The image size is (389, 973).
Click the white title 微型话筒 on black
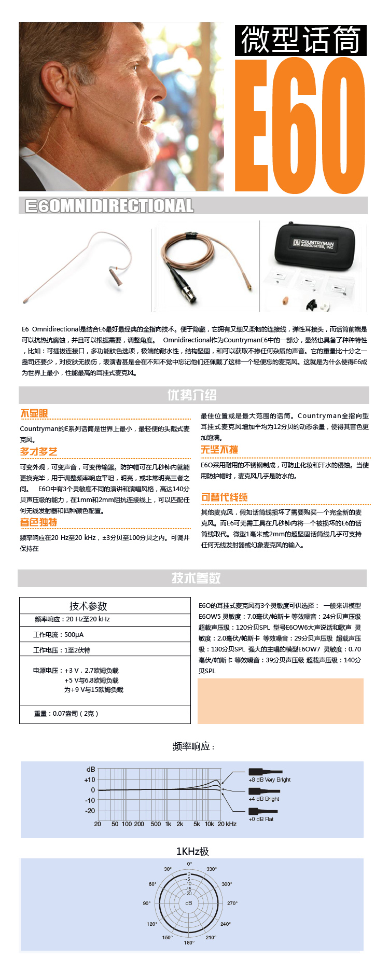click(x=300, y=40)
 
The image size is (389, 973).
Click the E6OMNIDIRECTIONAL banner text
click(x=109, y=206)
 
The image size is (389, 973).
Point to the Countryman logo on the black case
click(x=313, y=244)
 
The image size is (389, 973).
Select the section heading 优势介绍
click(x=192, y=395)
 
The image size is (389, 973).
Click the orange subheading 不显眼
click(x=34, y=413)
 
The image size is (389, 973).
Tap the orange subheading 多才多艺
click(x=38, y=452)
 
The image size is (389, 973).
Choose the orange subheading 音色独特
click(x=38, y=522)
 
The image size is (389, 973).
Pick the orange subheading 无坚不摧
click(x=219, y=450)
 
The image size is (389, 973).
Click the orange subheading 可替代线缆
click(x=224, y=497)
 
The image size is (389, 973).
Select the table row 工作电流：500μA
click(x=58, y=635)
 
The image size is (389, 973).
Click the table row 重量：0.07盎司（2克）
click(x=66, y=714)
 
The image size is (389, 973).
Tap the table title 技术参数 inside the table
click(x=88, y=606)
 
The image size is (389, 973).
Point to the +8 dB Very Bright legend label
click(x=269, y=780)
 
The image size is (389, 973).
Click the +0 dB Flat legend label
click(x=261, y=819)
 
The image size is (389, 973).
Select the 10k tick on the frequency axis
click(x=209, y=824)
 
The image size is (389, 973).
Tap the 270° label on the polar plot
click(x=232, y=903)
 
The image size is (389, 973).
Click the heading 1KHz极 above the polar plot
click(x=192, y=851)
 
